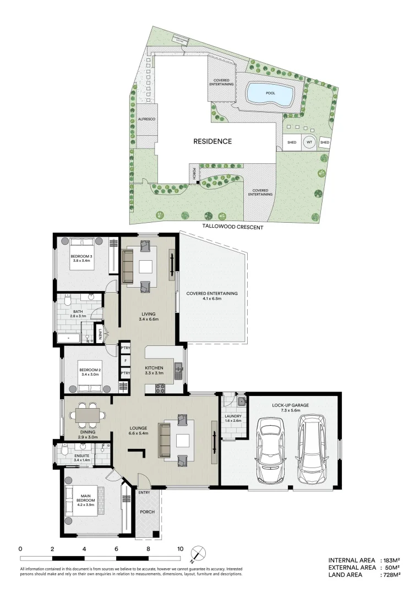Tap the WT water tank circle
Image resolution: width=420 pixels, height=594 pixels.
(309, 142)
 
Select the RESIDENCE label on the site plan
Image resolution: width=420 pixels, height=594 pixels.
(212, 141)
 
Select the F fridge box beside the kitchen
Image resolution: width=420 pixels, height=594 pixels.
(126, 361)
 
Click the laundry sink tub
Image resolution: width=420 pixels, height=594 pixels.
(241, 401)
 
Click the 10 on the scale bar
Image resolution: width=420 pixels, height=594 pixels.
(179, 549)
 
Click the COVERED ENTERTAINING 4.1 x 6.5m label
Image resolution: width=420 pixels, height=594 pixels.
(211, 296)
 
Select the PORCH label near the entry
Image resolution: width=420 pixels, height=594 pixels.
(147, 512)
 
